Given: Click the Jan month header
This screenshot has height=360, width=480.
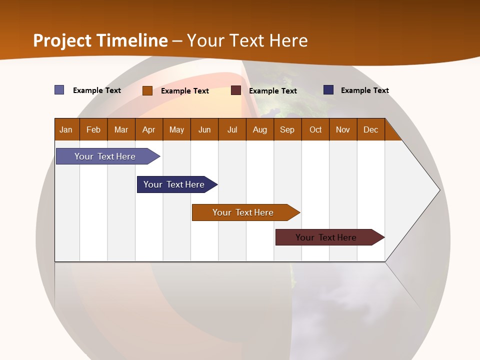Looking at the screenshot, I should pyautogui.click(x=66, y=129).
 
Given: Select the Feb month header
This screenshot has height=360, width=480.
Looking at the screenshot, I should pyautogui.click(x=93, y=129).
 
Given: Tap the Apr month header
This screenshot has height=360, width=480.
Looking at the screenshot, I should pyautogui.click(x=149, y=129).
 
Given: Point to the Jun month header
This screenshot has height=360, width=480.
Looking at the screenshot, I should pyautogui.click(x=204, y=129).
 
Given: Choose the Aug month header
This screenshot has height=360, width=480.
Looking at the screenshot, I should pyautogui.click(x=260, y=129).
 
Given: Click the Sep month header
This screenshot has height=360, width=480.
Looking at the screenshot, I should pyautogui.click(x=287, y=129).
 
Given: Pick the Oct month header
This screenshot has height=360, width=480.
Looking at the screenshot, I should pyautogui.click(x=315, y=129).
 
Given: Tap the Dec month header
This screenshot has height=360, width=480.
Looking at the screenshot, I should pyautogui.click(x=371, y=129).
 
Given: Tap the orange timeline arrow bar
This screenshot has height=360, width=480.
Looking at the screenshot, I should pyautogui.click(x=243, y=212).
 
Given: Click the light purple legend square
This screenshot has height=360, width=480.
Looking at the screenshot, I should pyautogui.click(x=59, y=90).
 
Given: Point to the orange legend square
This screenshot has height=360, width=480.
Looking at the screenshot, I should pyautogui.click(x=147, y=90).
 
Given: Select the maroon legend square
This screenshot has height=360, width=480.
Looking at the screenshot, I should pyautogui.click(x=236, y=90).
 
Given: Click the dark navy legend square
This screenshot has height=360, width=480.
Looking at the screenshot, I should pyautogui.click(x=328, y=90).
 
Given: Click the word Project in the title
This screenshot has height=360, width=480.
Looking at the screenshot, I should pyautogui.click(x=62, y=40).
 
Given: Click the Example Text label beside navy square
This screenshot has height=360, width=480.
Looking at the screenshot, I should pyautogui.click(x=364, y=90).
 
